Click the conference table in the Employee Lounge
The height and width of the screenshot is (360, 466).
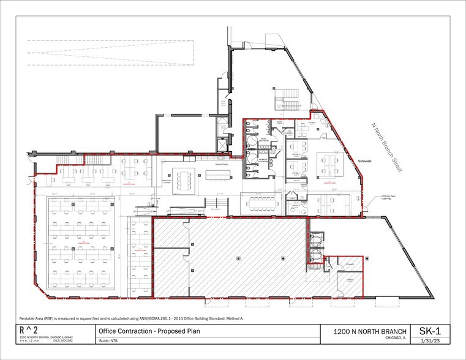click(184, 180)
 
